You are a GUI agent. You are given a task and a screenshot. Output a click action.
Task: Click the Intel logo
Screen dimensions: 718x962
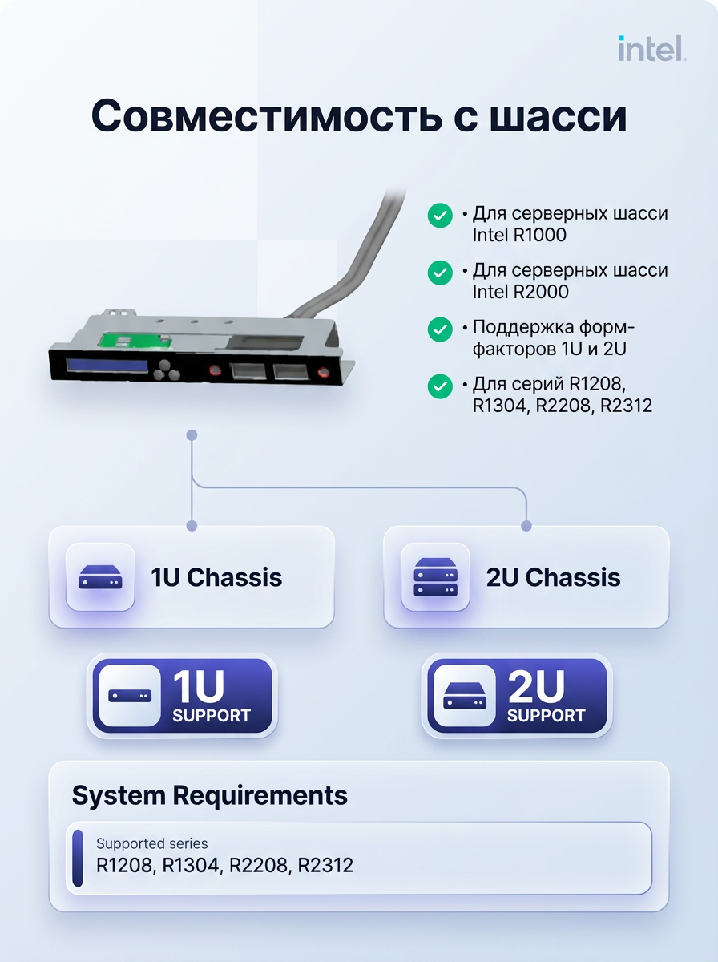point(651,48)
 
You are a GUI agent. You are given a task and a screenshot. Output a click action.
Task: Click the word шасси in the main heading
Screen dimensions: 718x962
point(558,117)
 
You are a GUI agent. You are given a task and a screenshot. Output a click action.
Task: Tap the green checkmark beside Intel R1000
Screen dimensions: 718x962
point(440,216)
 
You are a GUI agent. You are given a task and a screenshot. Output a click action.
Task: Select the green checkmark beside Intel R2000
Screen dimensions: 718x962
point(440,273)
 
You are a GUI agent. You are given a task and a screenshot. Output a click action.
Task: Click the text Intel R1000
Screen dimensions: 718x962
point(519,235)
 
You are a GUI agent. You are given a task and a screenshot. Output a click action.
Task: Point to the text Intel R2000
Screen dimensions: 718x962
point(520,292)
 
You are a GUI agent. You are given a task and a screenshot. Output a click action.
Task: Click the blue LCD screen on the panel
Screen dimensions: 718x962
point(107,365)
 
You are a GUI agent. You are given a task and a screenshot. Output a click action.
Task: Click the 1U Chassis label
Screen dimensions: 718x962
point(216,577)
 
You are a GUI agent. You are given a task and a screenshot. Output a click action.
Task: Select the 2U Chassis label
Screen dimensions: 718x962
point(553,577)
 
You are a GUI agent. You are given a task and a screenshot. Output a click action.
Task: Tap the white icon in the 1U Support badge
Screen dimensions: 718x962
point(130,696)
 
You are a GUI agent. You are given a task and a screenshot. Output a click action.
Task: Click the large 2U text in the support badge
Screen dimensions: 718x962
point(536,687)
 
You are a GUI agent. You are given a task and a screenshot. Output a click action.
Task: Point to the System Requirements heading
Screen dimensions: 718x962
point(209,795)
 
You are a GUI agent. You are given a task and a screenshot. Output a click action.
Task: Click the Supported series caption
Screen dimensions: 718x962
point(151,843)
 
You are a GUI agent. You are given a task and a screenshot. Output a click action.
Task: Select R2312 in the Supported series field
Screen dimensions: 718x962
point(325,865)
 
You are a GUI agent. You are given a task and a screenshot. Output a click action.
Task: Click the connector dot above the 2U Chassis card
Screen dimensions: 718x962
point(526,525)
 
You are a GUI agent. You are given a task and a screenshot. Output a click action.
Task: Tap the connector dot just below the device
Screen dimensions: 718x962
point(192,435)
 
